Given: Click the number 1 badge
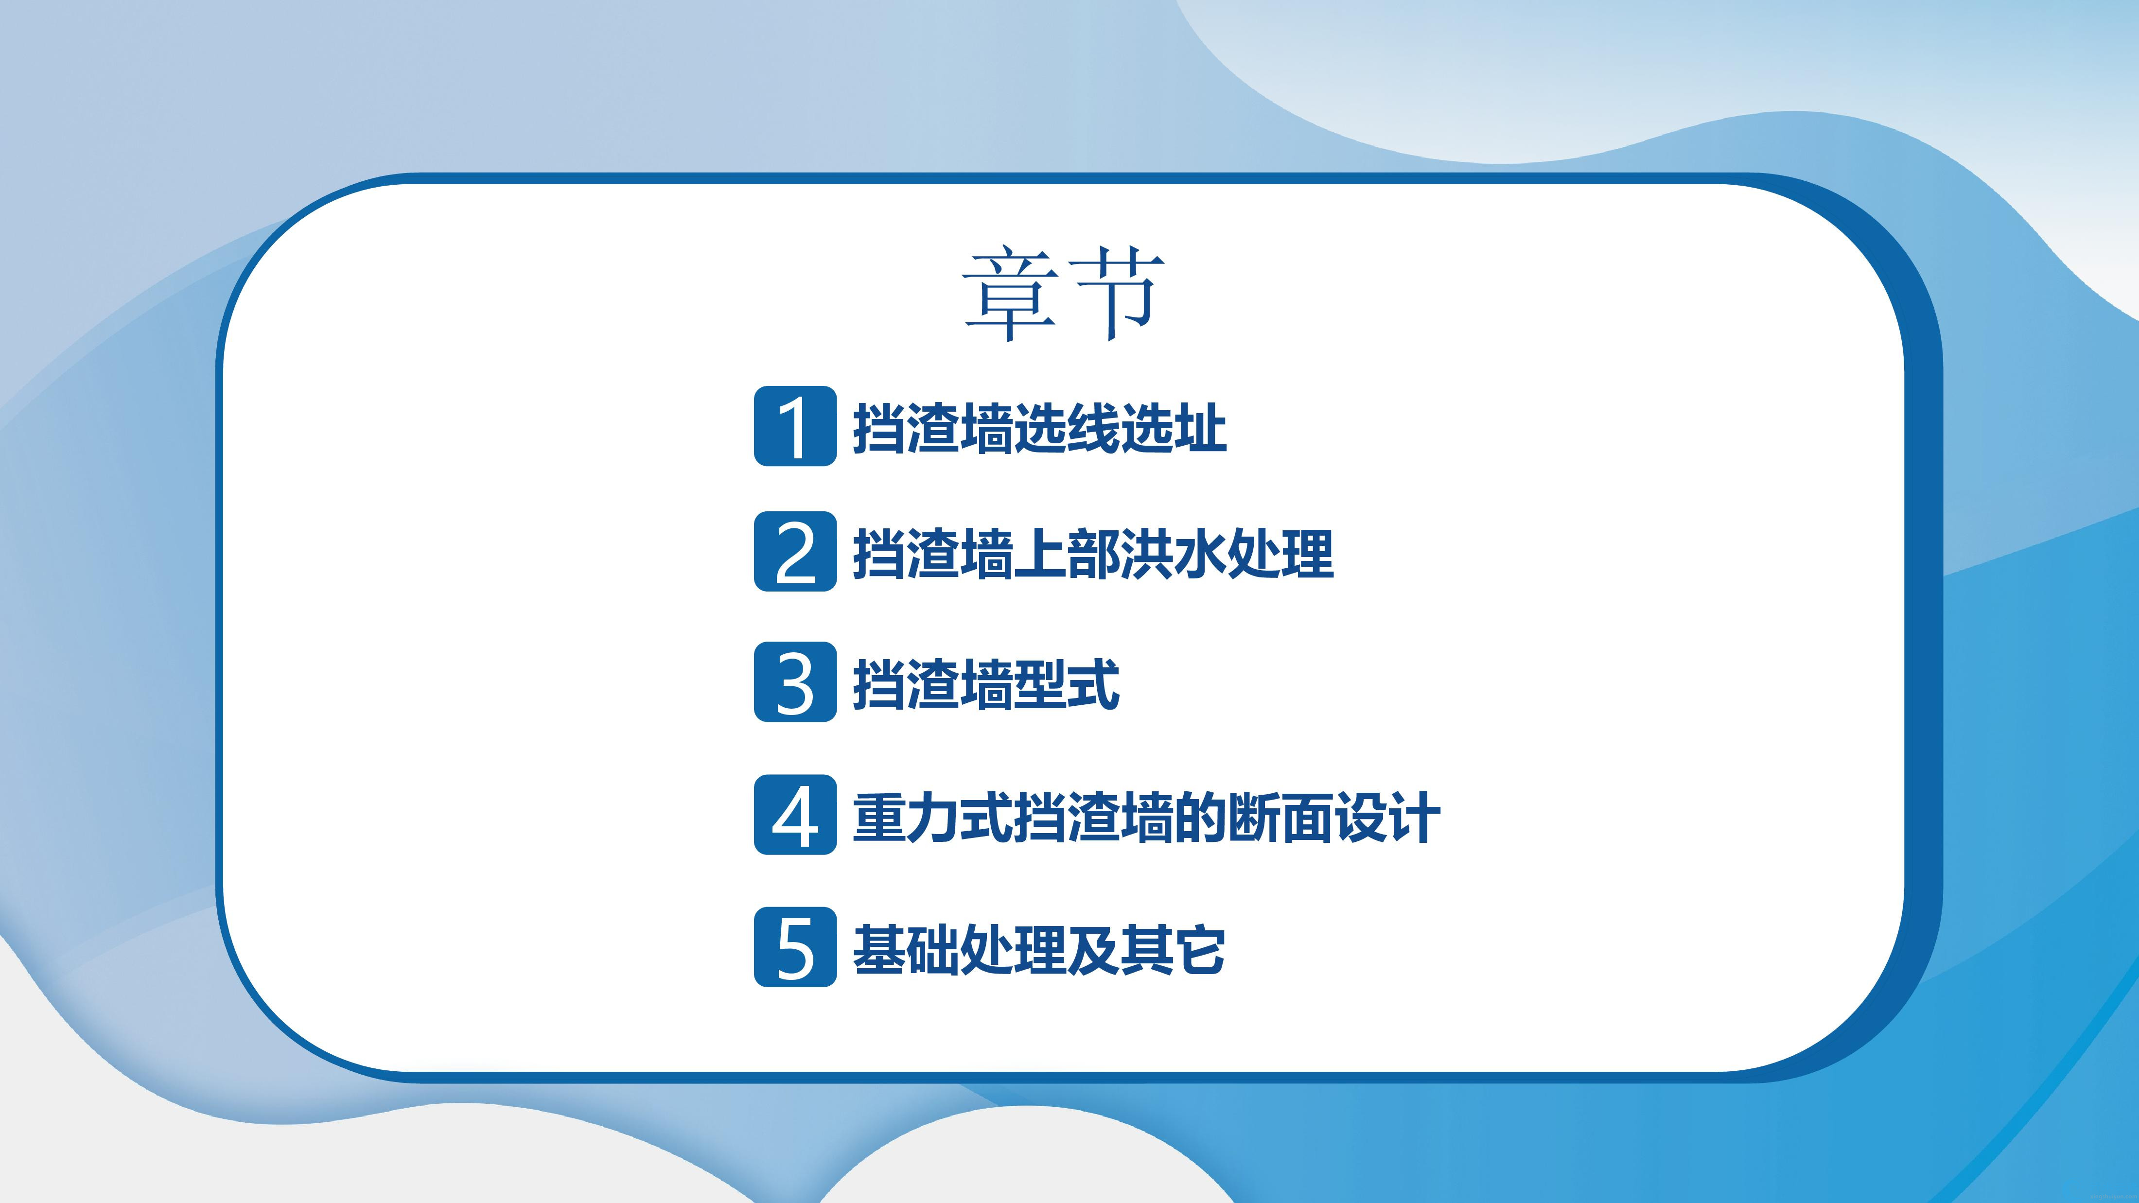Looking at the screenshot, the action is coord(795,426).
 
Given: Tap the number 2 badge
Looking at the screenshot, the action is coord(795,551).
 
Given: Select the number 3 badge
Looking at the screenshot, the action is coord(795,681).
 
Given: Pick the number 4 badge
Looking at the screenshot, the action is coord(795,815).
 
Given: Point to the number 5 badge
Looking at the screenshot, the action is coord(795,946).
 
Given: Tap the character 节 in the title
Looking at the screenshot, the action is coord(1117,294).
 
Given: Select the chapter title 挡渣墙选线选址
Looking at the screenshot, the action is coord(1040,428).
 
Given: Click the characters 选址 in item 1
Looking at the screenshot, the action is coord(1174,428).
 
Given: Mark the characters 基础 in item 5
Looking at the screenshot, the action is coord(906,948).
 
